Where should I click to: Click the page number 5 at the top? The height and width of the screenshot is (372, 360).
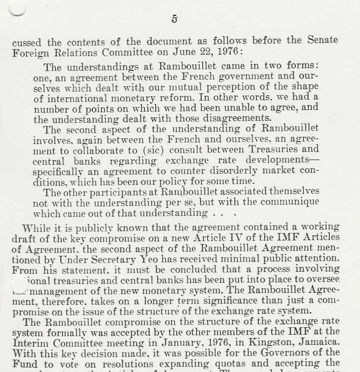pos(175,19)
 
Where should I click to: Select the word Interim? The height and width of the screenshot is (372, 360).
pos(31,342)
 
